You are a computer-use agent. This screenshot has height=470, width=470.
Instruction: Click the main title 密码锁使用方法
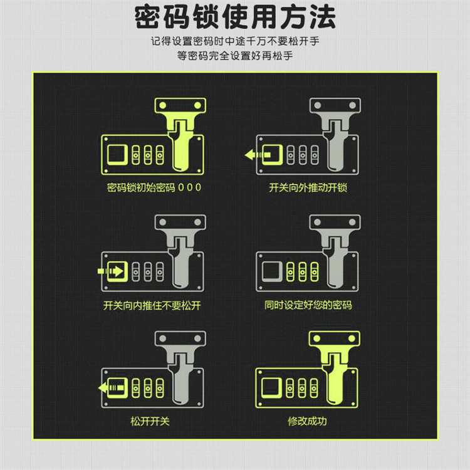point(235,17)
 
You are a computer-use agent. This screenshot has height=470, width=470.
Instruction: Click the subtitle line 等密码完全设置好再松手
point(235,56)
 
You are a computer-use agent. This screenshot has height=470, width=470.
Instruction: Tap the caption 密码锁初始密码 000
point(154,187)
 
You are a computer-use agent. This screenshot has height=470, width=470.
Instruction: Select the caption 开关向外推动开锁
point(308,187)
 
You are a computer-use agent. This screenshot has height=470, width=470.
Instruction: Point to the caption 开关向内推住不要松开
point(152,305)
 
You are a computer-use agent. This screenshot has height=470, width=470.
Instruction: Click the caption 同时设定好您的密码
point(308,305)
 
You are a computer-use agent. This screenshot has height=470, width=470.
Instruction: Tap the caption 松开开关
point(150,422)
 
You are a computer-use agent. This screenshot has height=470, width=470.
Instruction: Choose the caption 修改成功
point(307,422)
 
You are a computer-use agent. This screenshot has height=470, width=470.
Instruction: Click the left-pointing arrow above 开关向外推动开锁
point(258,155)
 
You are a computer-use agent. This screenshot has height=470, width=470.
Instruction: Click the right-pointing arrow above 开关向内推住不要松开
point(110,271)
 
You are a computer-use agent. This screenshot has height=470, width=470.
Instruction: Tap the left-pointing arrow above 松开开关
point(111,388)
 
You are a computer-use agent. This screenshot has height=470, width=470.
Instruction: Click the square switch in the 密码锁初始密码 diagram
point(118,155)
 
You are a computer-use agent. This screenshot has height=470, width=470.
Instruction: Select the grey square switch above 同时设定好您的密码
point(272,271)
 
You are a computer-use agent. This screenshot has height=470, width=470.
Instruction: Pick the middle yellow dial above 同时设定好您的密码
point(303,272)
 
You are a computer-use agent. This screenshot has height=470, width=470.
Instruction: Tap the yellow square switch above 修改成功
point(271,388)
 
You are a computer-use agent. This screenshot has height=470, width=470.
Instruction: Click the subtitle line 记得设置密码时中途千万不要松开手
point(235,41)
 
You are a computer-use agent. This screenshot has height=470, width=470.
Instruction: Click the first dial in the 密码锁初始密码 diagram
point(136,155)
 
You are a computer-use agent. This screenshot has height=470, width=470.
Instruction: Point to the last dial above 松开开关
point(160,389)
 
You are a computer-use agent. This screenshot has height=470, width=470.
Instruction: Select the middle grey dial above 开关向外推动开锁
point(303,155)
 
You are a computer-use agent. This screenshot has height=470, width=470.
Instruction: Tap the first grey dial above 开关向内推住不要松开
point(136,272)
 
